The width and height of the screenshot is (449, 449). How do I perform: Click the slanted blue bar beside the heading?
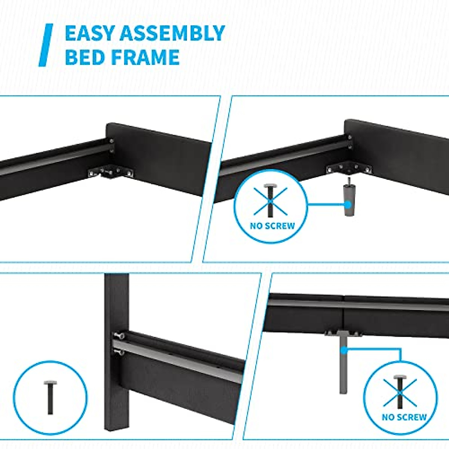point(46,45)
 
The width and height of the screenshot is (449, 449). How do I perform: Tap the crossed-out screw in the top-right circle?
point(270,200)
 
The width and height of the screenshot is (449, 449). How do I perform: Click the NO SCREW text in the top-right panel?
point(272,226)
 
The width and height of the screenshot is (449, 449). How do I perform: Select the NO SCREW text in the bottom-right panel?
point(404,417)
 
